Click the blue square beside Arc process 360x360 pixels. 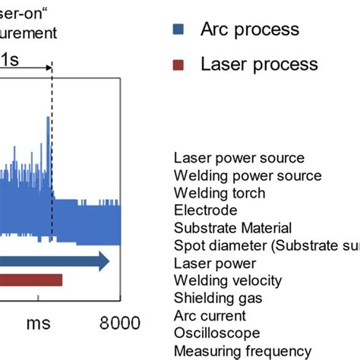pyautogui.click(x=178, y=30)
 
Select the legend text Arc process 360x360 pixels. pyautogui.click(x=249, y=30)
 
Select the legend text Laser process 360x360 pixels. pyautogui.click(x=259, y=63)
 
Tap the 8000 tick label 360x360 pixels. pyautogui.click(x=119, y=323)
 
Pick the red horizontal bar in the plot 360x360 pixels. pyautogui.click(x=30, y=280)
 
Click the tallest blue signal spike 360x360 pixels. pyautogui.click(x=49, y=122)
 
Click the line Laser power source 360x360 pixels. pyautogui.click(x=238, y=158)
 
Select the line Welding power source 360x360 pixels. pyautogui.click(x=247, y=175)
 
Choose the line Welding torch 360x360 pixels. pyautogui.click(x=219, y=193)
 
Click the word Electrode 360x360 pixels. pyautogui.click(x=205, y=210)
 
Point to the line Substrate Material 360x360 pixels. pyautogui.click(x=232, y=228)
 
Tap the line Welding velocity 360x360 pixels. pyautogui.click(x=226, y=280)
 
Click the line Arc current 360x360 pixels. pyautogui.click(x=210, y=315)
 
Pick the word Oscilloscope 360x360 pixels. pyautogui.click(x=216, y=333)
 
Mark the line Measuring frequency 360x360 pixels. pyautogui.click(x=242, y=350)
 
